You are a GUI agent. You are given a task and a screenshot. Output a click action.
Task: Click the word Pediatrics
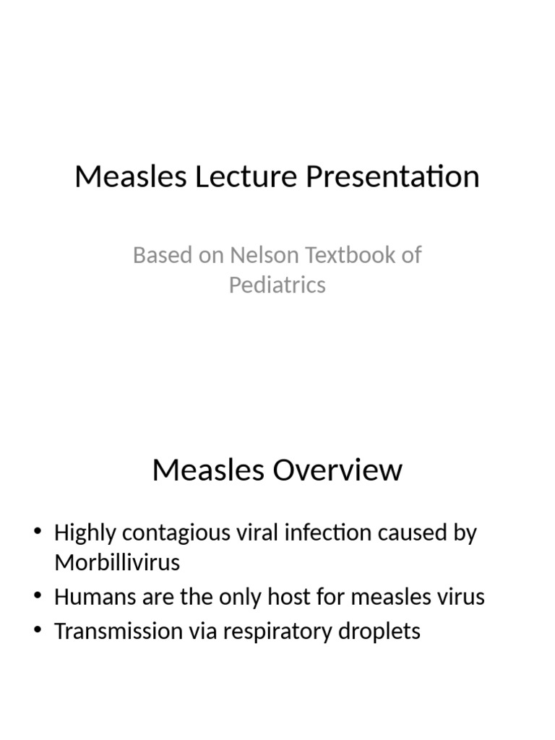click(x=277, y=285)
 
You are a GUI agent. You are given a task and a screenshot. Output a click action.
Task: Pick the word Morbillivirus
click(x=117, y=563)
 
